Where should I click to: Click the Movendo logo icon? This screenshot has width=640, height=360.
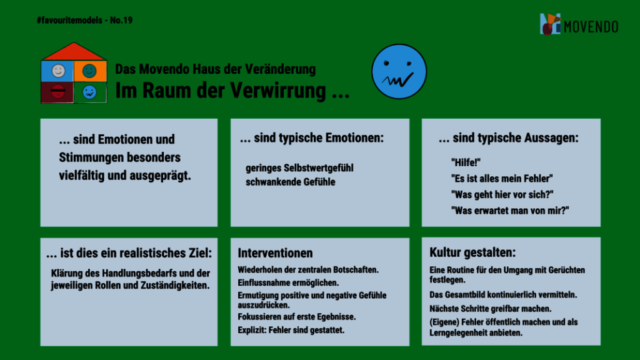click(551, 24)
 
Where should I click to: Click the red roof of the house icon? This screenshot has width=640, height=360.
click(74, 51)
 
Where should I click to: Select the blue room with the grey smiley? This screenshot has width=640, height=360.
click(57, 71)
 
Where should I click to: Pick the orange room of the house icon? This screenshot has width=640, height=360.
click(90, 71)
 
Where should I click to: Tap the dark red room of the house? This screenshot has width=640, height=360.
click(57, 92)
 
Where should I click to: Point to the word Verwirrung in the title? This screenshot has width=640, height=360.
click(276, 91)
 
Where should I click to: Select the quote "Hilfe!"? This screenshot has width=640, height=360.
click(466, 163)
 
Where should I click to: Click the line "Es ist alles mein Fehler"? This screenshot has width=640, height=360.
click(502, 179)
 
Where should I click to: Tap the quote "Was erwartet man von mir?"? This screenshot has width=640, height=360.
click(510, 211)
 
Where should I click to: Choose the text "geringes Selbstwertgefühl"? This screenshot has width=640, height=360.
click(299, 168)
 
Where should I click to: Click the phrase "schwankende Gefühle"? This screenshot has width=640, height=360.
click(290, 182)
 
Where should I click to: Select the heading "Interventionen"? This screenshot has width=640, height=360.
click(275, 253)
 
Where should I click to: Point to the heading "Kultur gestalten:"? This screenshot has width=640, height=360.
click(472, 252)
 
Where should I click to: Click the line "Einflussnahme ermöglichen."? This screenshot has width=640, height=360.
click(288, 283)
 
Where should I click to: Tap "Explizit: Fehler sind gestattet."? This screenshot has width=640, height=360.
click(291, 330)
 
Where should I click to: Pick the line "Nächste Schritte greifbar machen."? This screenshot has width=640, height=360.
click(490, 309)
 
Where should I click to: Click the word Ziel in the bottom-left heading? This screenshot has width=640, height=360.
click(200, 253)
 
